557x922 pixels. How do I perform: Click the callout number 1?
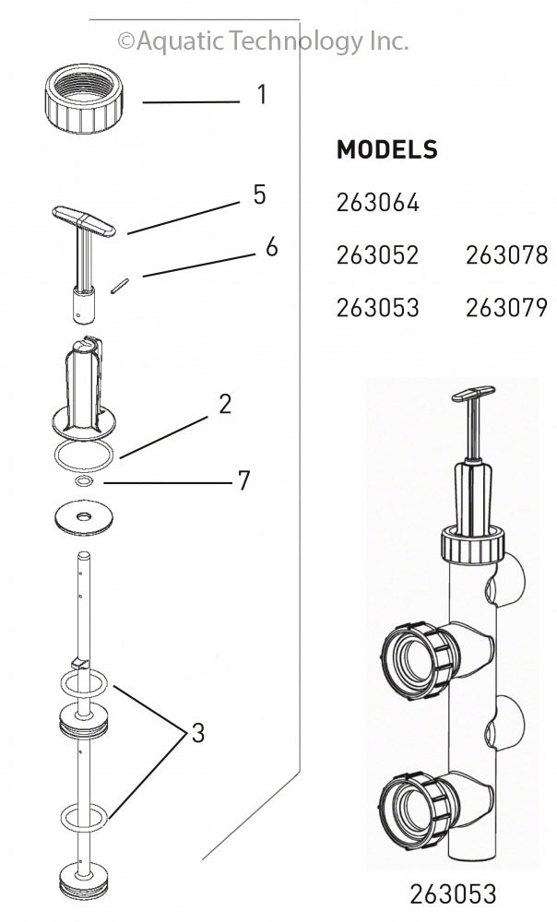pos(262,95)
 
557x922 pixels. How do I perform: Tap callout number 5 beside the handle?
pos(259,195)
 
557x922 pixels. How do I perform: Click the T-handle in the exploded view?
pos(84,221)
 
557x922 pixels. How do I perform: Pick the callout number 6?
pos(270,247)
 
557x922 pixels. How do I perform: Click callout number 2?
pos(225,404)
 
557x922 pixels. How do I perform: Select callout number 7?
pos(243,480)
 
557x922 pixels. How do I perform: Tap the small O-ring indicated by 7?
pos(83,481)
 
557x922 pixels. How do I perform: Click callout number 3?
pos(197,734)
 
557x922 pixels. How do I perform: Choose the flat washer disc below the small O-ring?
pos(84,514)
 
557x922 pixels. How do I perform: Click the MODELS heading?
pos(386,149)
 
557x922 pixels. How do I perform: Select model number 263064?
pos(378,202)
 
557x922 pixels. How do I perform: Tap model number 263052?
pos(378,255)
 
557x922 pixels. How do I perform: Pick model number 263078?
pos(506,255)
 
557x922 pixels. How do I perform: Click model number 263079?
pos(506,308)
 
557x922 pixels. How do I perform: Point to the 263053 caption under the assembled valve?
pos(453,892)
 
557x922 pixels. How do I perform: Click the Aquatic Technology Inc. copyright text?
pos(263,41)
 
